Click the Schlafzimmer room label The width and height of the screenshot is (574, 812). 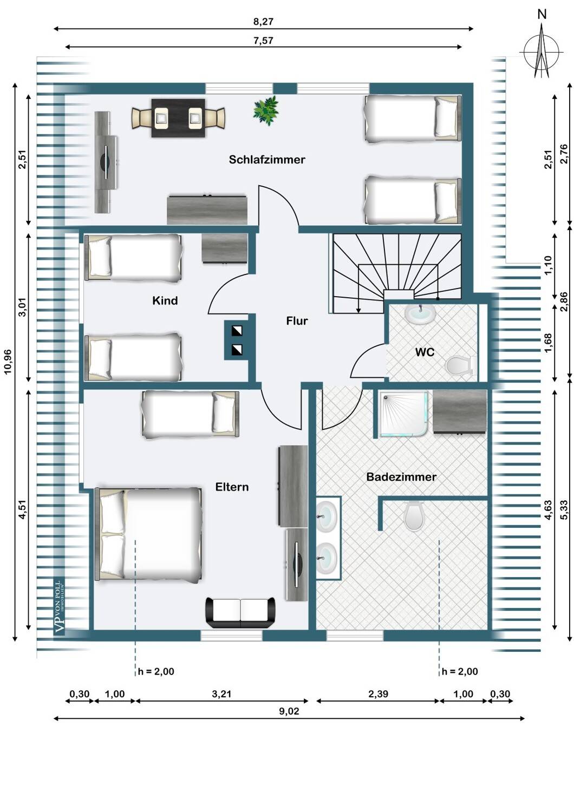pyautogui.click(x=267, y=160)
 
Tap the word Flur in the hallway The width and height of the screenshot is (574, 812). pyautogui.click(x=297, y=321)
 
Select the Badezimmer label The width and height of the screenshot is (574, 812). pyautogui.click(x=401, y=477)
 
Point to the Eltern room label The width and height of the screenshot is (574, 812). pyautogui.click(x=232, y=487)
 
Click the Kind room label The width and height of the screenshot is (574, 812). pyautogui.click(x=165, y=300)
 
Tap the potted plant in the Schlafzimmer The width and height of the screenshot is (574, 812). pyautogui.click(x=266, y=110)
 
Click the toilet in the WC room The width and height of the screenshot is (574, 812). pyautogui.click(x=461, y=365)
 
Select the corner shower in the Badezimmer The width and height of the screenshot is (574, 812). pyautogui.click(x=402, y=414)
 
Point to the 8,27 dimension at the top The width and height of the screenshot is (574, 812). pyautogui.click(x=263, y=22)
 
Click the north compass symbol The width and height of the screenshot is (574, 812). pyautogui.click(x=541, y=47)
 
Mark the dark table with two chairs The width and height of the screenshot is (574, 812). pyautogui.click(x=178, y=118)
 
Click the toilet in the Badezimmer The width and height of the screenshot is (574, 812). pyautogui.click(x=414, y=515)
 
